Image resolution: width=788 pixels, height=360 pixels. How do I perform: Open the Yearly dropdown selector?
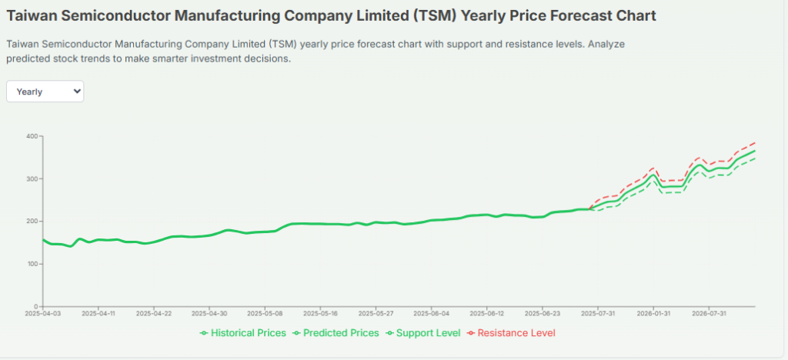tap(45, 92)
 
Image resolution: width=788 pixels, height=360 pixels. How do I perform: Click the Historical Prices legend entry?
tap(243, 333)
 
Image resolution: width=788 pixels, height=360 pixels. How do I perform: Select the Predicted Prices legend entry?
tap(336, 333)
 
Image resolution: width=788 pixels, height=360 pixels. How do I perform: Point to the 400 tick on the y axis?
tap(32, 136)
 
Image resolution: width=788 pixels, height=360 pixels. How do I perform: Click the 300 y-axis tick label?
tap(32, 178)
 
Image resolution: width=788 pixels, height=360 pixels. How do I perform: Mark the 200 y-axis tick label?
tap(32, 222)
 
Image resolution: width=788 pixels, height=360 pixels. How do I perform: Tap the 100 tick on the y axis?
tap(32, 264)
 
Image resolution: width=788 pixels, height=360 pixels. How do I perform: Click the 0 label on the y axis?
tap(35, 306)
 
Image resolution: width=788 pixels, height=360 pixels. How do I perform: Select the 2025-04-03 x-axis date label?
tap(42, 314)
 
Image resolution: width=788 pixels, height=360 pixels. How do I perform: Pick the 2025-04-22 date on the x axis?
tap(154, 314)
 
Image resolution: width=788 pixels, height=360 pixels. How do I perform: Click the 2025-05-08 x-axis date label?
tap(265, 314)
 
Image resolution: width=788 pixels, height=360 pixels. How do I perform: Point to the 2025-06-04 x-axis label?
tap(432, 314)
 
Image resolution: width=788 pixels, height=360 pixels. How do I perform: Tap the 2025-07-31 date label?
tap(599, 314)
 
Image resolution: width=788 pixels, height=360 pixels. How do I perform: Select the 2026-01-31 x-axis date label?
tap(654, 314)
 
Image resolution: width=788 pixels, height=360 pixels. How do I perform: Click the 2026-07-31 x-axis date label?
tap(710, 314)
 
